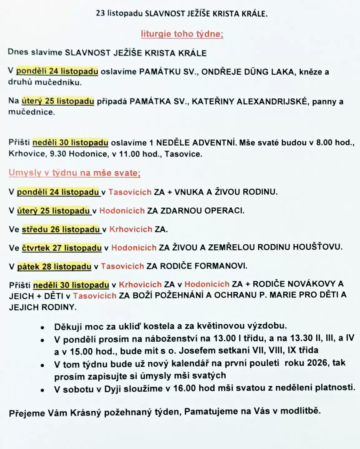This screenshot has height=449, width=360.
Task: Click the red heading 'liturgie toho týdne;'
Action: pos(182,34)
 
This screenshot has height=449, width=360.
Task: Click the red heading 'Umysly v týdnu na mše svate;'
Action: pos(74,173)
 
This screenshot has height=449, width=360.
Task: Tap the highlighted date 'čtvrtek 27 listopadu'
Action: pos(61,248)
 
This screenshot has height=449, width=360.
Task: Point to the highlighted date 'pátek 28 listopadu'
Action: pos(54,267)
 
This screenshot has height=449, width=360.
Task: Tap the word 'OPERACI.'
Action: pos(224,211)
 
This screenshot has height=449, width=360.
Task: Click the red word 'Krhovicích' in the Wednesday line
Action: pos(130,229)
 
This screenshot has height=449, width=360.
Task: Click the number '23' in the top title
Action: pos(100,13)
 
